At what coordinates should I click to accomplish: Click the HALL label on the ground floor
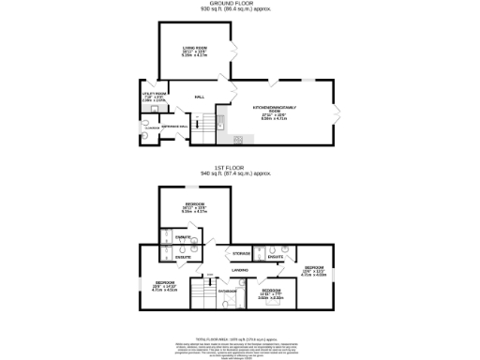(x=200, y=97)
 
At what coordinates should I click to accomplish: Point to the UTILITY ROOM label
(x=155, y=94)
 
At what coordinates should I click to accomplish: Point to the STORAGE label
(x=241, y=254)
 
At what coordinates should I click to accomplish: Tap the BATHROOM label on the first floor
(x=228, y=291)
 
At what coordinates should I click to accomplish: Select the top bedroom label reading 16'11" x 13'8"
(x=194, y=207)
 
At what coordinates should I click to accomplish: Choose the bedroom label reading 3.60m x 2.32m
(x=271, y=292)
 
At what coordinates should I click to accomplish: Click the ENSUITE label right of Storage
(x=275, y=254)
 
